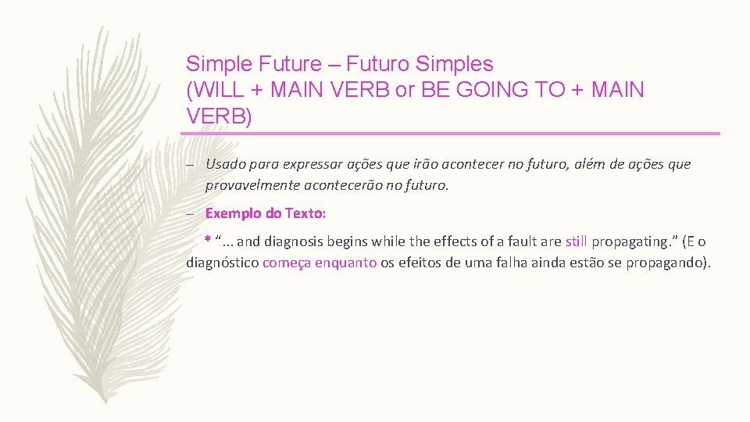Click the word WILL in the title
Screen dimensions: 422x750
point(221,90)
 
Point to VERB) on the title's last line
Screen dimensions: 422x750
point(220,116)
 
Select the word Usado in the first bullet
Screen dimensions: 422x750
point(224,164)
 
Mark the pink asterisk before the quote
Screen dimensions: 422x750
point(208,240)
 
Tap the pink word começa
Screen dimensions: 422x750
point(287,263)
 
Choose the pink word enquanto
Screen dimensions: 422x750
point(346,263)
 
